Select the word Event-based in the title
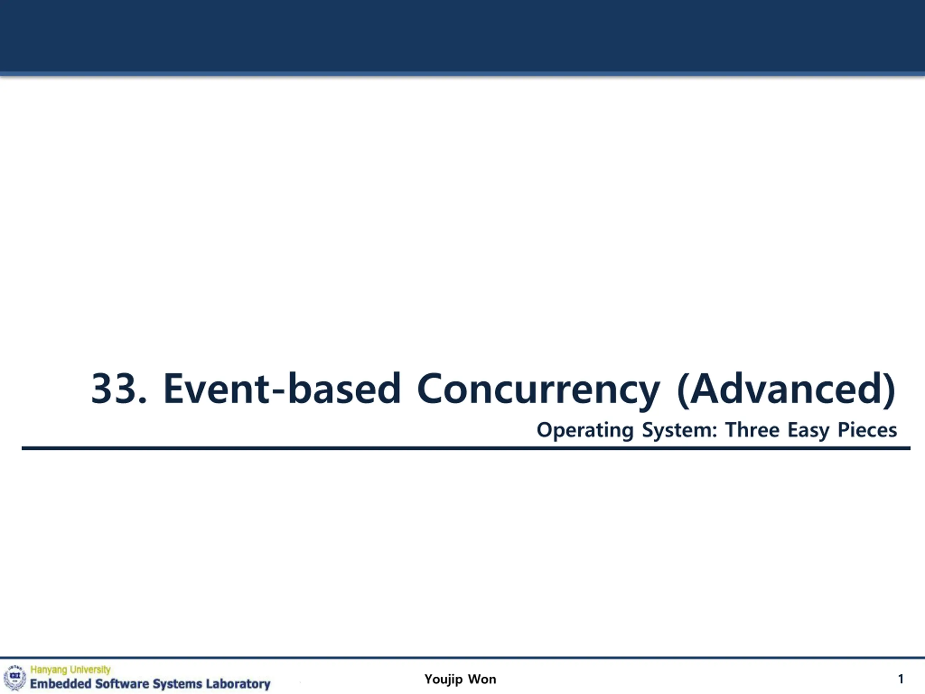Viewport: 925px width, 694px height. [x=282, y=388]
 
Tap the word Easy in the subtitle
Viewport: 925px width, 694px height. [x=808, y=431]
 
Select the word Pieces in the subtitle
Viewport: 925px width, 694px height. [x=867, y=430]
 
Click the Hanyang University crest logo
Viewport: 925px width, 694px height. [x=15, y=677]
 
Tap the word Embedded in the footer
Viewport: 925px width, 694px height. [x=61, y=684]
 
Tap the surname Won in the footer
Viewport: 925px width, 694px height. [x=482, y=679]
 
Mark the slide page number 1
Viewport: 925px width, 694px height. [x=901, y=679]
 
